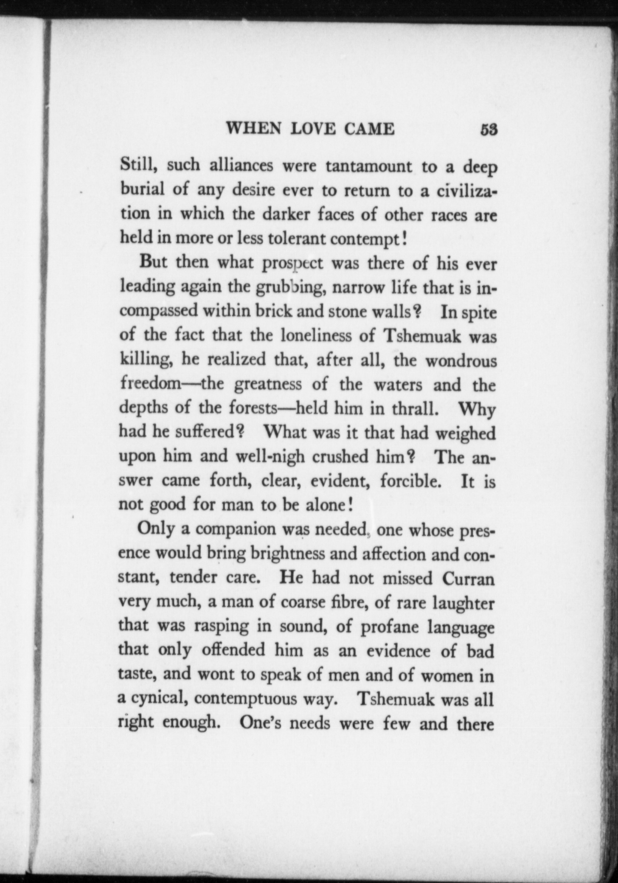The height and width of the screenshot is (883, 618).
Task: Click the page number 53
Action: [489, 129]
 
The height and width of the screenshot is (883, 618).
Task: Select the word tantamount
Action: [368, 166]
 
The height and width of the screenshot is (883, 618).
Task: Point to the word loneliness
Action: [317, 336]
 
